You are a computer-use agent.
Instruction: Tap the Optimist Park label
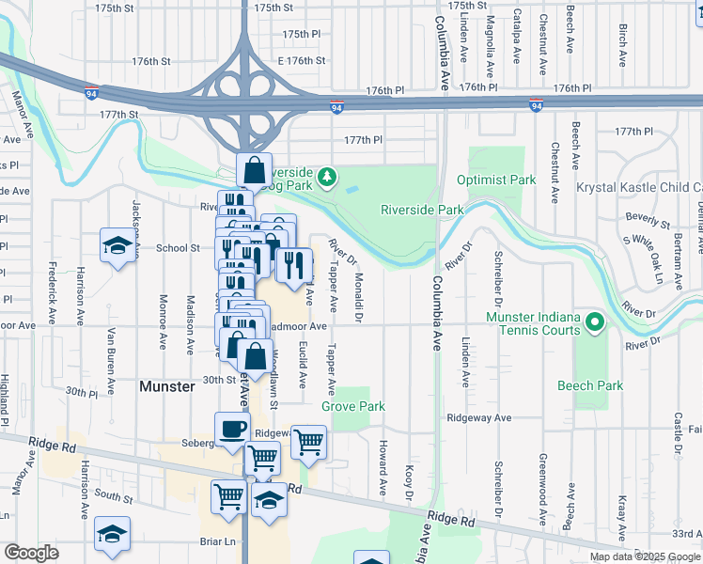495,180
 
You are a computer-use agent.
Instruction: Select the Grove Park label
353,407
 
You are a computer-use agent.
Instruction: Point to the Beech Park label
590,386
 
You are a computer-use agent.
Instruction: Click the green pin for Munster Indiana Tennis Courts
594,324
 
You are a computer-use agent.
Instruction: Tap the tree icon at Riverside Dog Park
326,176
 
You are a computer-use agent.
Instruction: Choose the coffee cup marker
233,431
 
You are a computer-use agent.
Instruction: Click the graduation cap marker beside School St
117,245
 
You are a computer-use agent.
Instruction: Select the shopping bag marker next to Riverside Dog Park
254,171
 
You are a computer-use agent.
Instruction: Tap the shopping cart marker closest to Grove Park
308,440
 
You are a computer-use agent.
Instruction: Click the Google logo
31,553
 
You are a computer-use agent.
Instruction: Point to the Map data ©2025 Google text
645,556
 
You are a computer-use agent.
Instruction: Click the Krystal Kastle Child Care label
639,188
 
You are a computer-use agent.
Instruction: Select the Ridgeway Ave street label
479,417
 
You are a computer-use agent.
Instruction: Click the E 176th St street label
301,61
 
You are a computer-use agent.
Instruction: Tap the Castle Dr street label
677,434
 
